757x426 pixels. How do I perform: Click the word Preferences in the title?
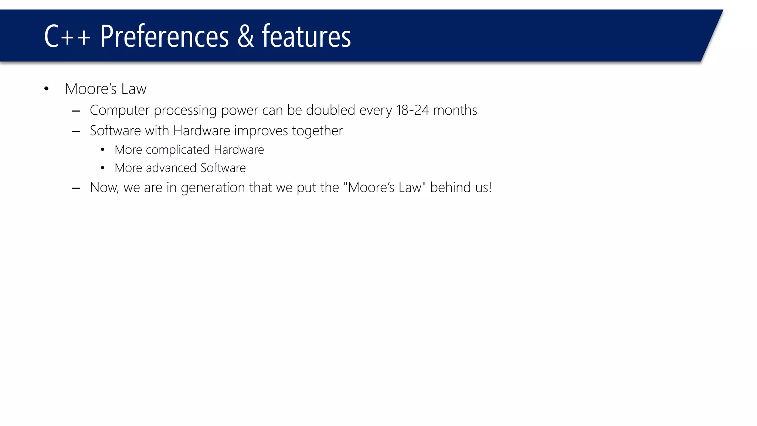164,36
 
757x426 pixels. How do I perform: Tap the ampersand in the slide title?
245,36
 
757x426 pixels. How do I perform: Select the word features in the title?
306,36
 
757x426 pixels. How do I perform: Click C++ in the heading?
67,36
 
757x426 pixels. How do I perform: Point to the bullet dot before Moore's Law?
46,89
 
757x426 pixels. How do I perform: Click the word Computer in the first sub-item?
119,110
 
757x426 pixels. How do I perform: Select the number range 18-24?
412,110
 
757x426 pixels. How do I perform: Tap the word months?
455,110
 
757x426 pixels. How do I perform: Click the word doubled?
330,110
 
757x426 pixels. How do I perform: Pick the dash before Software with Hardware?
76,131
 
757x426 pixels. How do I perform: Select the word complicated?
177,150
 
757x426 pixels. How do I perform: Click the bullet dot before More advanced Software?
102,168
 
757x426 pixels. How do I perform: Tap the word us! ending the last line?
483,187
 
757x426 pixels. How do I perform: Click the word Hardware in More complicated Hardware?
239,150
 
